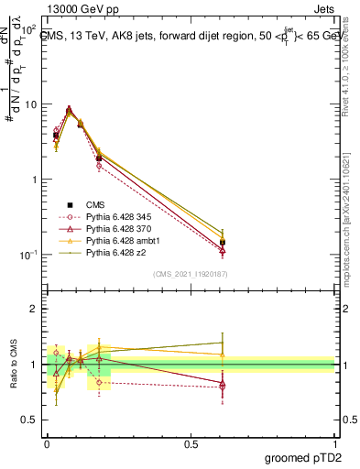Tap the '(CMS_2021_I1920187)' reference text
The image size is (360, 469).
[191, 274]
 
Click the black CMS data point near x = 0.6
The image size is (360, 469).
[223, 243]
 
